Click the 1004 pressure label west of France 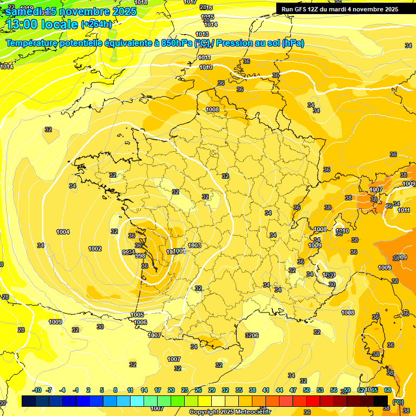[63, 232]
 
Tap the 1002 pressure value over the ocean [95, 249]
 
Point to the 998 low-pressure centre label [140, 256]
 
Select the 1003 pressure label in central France [194, 245]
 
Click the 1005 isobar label [137, 315]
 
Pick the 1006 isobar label [140, 322]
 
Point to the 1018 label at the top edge [140, 3]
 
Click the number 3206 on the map [252, 335]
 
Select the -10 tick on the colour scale [37, 390]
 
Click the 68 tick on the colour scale [388, 390]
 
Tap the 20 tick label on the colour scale [171, 390]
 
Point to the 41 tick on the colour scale [266, 390]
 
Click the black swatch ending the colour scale [381, 401]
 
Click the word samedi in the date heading [24, 11]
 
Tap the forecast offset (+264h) [96, 23]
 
